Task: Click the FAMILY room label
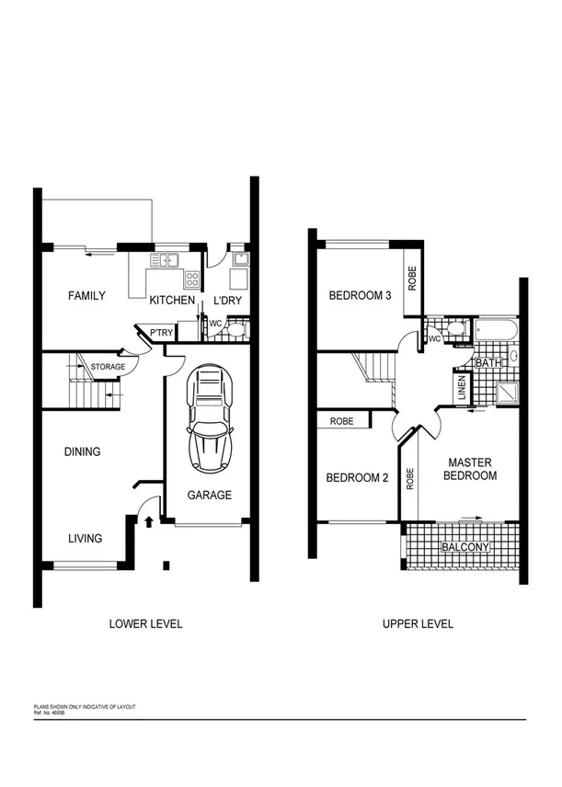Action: (86, 296)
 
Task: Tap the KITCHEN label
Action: (172, 301)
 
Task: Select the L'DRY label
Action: (229, 301)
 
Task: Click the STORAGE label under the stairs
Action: (107, 367)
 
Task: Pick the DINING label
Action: (82, 451)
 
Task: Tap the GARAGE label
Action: (209, 495)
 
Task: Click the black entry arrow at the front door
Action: (149, 522)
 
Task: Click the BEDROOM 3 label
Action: (361, 296)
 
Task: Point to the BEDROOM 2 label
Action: (357, 478)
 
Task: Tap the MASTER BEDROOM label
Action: (471, 469)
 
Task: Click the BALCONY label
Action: (465, 548)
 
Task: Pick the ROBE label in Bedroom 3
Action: (412, 278)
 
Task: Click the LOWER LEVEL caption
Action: (145, 623)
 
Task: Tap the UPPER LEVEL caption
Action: (418, 623)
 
